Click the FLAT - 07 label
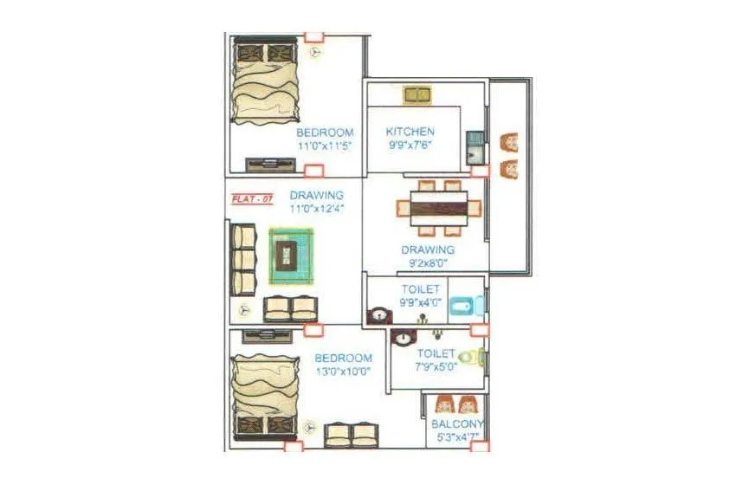point(252,199)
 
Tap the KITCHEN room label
point(410,132)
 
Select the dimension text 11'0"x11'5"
point(325,146)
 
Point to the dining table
point(438,209)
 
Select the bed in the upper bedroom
point(265,82)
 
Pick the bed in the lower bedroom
point(265,398)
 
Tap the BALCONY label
point(457,424)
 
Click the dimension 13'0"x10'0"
point(343,372)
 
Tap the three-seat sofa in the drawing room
point(243,260)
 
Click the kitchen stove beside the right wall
point(475,148)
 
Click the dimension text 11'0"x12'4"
point(317,210)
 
